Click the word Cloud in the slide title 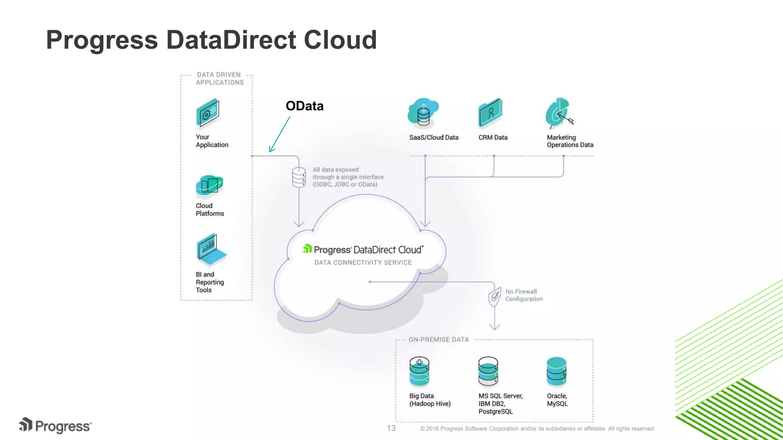point(340,40)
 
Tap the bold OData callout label point(304,106)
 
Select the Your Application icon point(208,113)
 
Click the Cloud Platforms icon point(209,185)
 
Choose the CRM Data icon point(490,113)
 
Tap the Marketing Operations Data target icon point(559,113)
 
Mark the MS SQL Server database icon point(488,372)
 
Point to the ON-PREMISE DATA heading point(439,340)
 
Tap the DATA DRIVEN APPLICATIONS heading point(219,79)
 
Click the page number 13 point(391,428)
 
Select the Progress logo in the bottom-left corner point(55,425)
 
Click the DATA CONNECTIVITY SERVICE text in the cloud point(363,262)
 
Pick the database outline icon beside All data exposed point(299,177)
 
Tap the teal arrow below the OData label point(279,134)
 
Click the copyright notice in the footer point(537,429)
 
